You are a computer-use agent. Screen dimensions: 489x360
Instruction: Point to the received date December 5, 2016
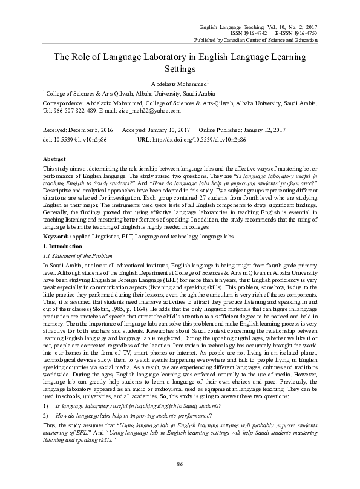pos(90,130)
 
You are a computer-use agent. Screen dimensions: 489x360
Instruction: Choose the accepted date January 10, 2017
pos(165,130)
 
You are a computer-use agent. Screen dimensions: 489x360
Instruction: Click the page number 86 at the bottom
pos(180,464)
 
